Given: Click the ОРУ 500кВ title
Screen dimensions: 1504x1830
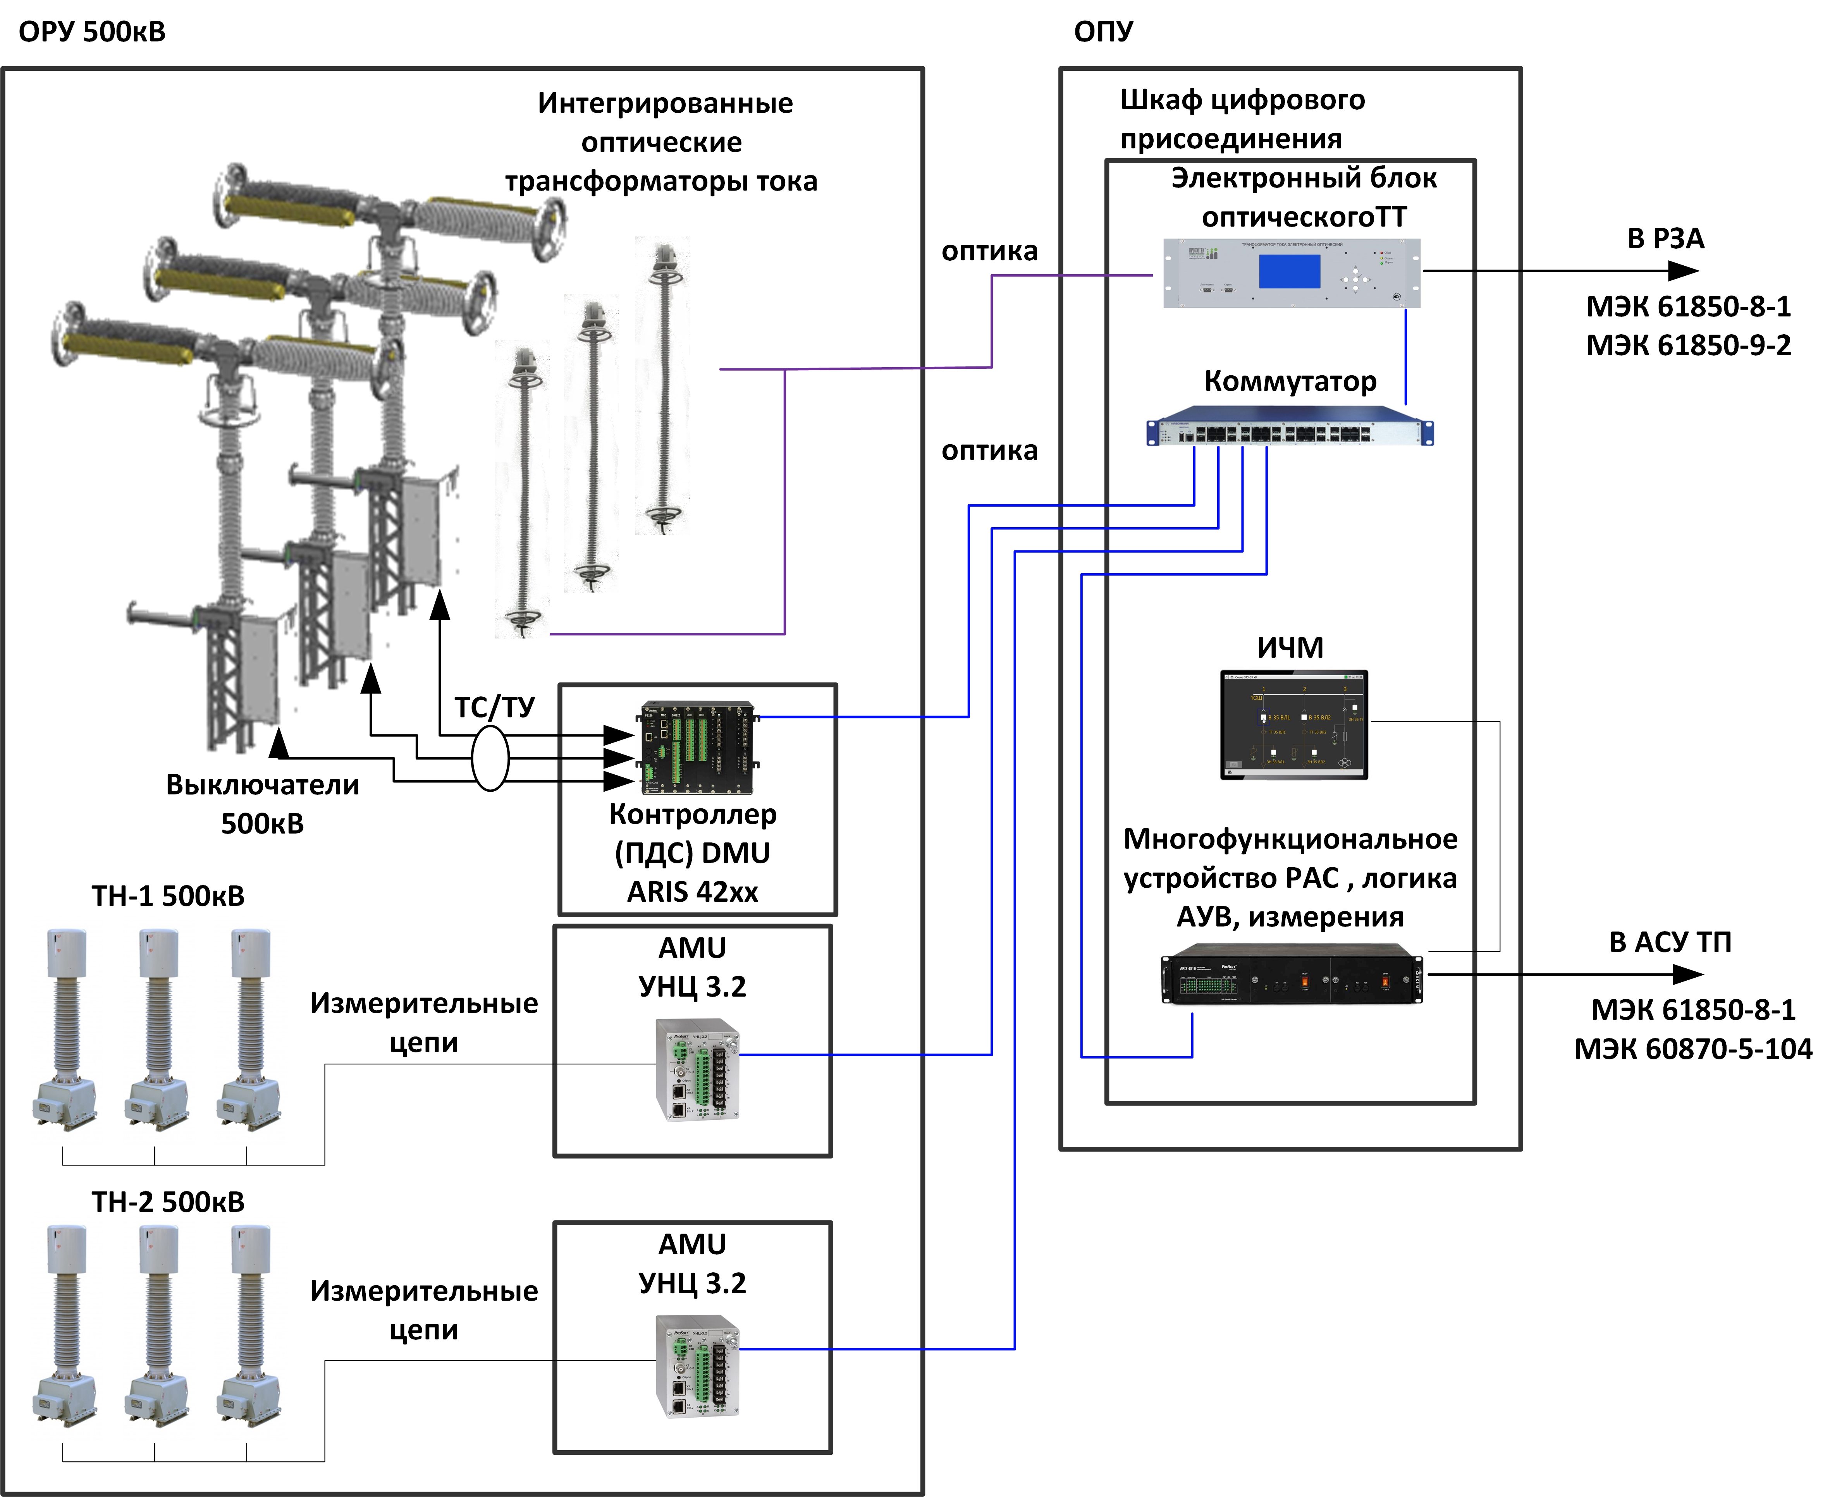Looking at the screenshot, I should [x=92, y=32].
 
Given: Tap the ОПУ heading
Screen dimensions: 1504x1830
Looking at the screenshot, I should [x=1103, y=32].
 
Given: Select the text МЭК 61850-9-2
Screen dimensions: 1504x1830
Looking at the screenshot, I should [x=1688, y=345].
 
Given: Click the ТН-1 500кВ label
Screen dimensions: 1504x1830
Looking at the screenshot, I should [x=168, y=896].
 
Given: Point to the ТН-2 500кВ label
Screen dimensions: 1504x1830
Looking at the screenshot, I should [x=168, y=1203].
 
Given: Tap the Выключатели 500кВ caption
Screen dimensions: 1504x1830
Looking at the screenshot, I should [x=263, y=803].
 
